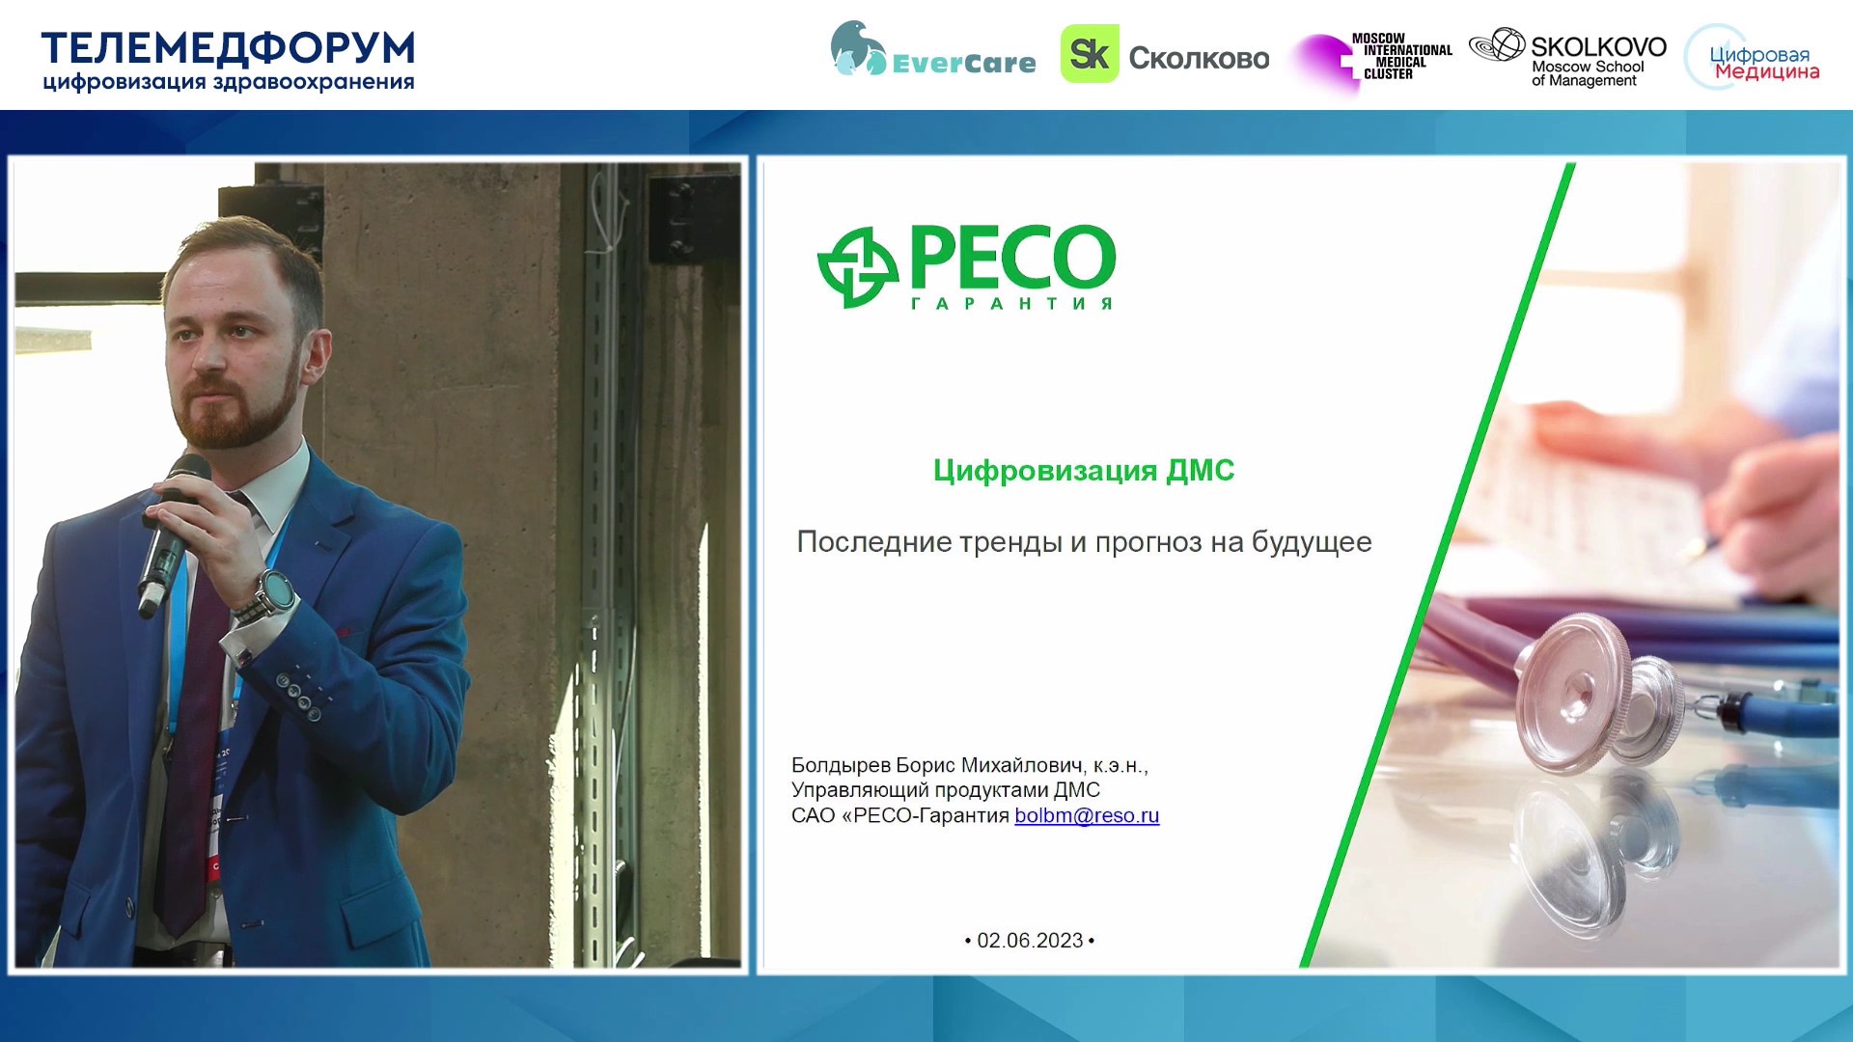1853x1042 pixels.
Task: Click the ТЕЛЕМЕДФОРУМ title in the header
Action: tap(228, 47)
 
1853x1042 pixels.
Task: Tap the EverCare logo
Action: tap(932, 50)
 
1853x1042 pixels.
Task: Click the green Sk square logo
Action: tap(1090, 54)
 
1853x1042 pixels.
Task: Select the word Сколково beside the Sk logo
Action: tap(1199, 58)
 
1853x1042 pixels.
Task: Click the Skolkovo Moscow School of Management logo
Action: tap(1567, 57)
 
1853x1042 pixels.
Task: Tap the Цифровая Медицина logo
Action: tap(1753, 58)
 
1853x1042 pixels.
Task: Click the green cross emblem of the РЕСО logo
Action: tap(857, 267)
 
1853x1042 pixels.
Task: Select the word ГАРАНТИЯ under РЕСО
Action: tap(1011, 303)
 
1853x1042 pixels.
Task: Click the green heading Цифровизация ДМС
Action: tap(1083, 470)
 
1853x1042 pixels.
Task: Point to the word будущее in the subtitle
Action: tap(1312, 542)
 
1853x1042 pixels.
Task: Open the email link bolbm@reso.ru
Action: tap(1087, 815)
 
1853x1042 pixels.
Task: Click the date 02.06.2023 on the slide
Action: tap(1030, 940)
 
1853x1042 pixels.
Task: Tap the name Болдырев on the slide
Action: tap(841, 765)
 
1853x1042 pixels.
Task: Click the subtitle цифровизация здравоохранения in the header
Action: tap(228, 83)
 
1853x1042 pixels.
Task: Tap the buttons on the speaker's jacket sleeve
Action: tap(299, 696)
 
